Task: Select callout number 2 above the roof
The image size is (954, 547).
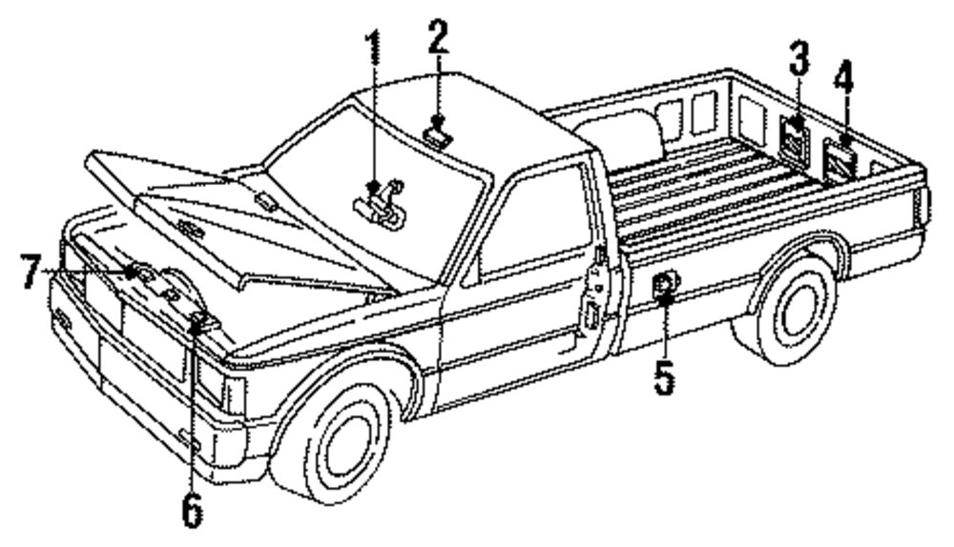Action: tap(438, 36)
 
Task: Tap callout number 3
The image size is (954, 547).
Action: tap(798, 59)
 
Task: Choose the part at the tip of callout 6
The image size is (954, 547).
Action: tap(198, 319)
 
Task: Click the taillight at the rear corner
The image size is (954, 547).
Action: tap(923, 206)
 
